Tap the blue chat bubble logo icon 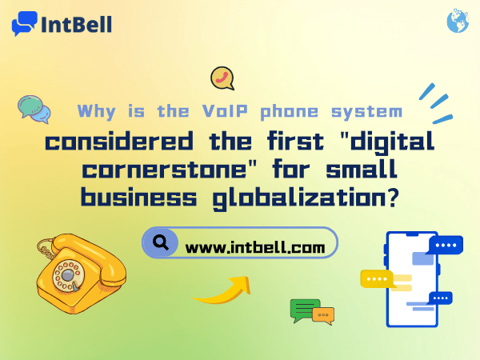[25, 24]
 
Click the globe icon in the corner [458, 22]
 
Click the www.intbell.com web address [254, 248]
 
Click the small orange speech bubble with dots [323, 315]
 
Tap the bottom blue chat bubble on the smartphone [440, 298]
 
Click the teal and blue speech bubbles [34, 109]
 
